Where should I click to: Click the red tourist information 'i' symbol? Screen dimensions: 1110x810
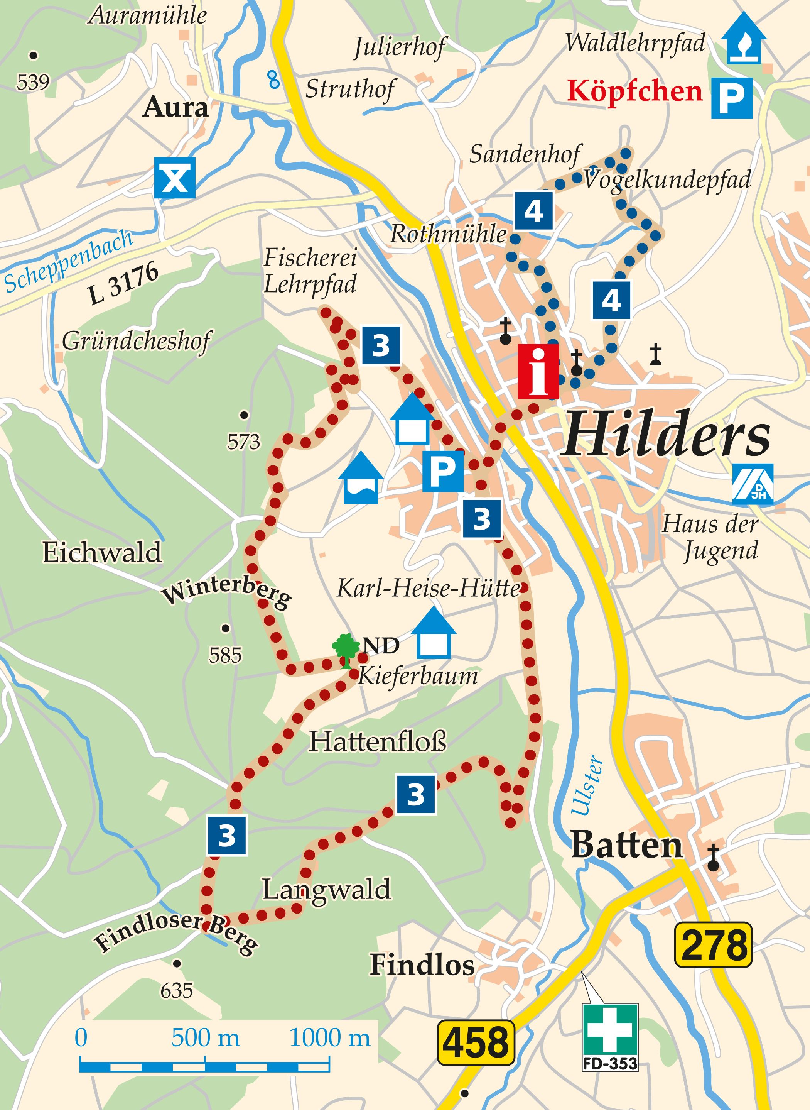pyautogui.click(x=538, y=371)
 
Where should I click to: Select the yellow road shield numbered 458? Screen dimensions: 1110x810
pyautogui.click(x=476, y=1042)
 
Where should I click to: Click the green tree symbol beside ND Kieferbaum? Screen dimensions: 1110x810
pyautogui.click(x=346, y=649)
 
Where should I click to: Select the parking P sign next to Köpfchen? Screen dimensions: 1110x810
pyautogui.click(x=732, y=98)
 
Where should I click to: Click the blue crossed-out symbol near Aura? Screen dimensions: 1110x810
pyautogui.click(x=175, y=178)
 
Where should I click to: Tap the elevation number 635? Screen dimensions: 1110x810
pyautogui.click(x=177, y=991)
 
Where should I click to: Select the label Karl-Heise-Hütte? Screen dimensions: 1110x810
pyautogui.click(x=428, y=588)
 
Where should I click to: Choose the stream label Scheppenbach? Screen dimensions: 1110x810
pyautogui.click(x=69, y=261)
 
